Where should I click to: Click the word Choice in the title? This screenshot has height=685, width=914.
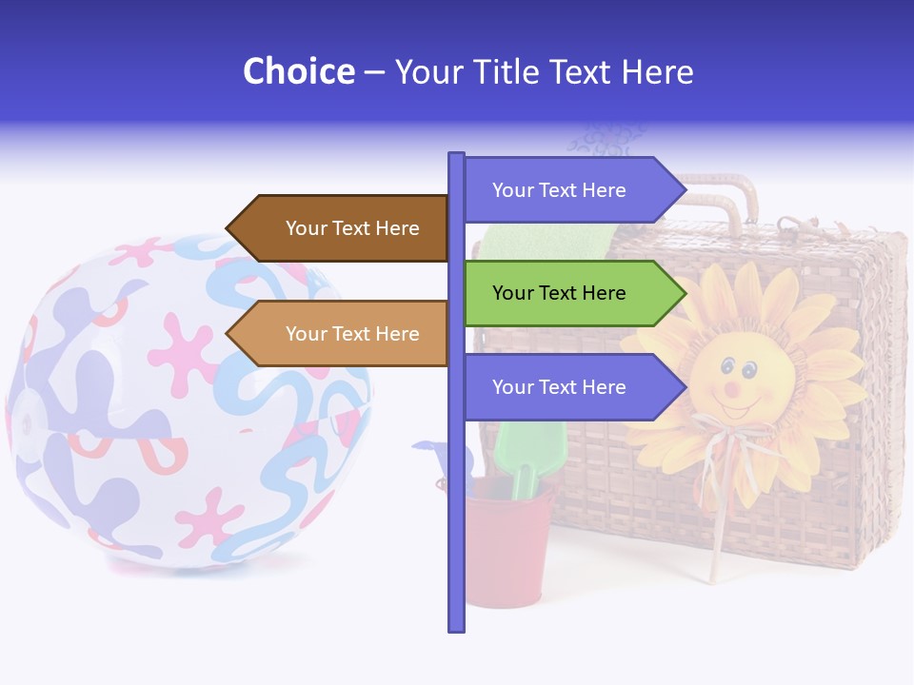click(298, 71)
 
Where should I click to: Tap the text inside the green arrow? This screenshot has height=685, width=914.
click(559, 293)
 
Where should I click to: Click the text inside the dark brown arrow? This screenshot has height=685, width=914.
click(352, 228)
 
